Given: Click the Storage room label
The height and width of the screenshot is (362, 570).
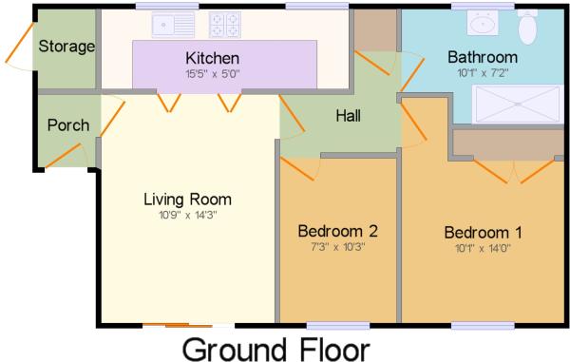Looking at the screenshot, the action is pyautogui.click(x=66, y=47).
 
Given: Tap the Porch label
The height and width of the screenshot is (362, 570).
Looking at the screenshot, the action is pyautogui.click(x=68, y=125).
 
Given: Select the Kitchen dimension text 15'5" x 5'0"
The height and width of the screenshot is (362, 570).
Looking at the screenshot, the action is pyautogui.click(x=213, y=74).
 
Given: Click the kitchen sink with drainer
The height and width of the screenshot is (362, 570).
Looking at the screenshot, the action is pyautogui.click(x=173, y=25).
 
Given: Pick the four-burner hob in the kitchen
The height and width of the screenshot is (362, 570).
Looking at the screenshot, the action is pyautogui.click(x=225, y=25).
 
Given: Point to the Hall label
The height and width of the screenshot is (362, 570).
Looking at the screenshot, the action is pyautogui.click(x=349, y=116).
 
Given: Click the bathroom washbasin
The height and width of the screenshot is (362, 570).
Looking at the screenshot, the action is pyautogui.click(x=483, y=23).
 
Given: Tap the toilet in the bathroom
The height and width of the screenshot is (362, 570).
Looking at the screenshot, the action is pyautogui.click(x=528, y=27).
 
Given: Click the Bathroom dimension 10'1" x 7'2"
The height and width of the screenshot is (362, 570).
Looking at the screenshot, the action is pyautogui.click(x=483, y=73).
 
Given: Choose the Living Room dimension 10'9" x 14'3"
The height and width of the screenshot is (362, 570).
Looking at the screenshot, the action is pyautogui.click(x=187, y=215).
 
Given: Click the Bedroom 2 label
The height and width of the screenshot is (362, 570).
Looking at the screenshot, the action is pyautogui.click(x=337, y=231).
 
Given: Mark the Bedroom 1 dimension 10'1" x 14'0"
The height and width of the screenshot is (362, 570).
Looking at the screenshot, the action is pyautogui.click(x=483, y=249).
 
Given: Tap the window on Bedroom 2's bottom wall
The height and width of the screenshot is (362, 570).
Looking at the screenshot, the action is pyautogui.click(x=338, y=326).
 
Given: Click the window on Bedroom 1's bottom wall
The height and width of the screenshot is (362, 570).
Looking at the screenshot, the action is pyautogui.click(x=483, y=326).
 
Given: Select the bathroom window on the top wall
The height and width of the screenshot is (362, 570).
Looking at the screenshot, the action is pyautogui.click(x=483, y=6).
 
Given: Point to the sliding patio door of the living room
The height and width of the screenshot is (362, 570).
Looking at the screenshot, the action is pyautogui.click(x=188, y=325).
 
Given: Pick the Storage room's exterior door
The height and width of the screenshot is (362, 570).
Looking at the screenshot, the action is pyautogui.click(x=19, y=43).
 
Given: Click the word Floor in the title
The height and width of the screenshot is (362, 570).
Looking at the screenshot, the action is pyautogui.click(x=334, y=349).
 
